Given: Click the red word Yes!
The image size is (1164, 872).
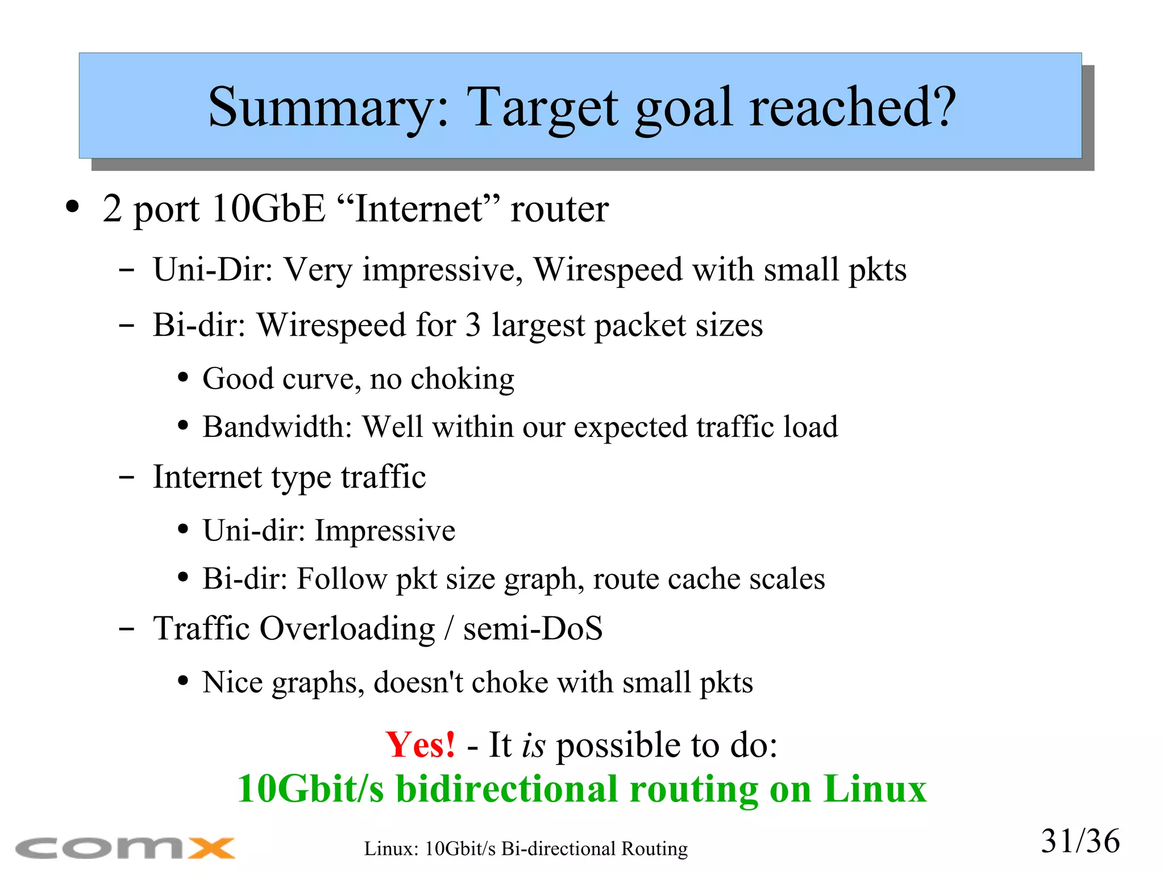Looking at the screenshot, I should pos(420,744).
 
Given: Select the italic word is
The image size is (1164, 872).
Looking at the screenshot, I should pos(533,745).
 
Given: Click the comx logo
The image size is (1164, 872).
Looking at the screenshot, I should pos(125,848).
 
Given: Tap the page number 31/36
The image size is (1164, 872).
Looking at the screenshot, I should pos(1080,841).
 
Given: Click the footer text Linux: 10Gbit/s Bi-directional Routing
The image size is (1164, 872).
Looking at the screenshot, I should pos(526,849).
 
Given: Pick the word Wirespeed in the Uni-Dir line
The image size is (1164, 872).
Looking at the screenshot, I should pos(608,269).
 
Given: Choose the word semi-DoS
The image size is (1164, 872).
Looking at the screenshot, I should pos(533,628).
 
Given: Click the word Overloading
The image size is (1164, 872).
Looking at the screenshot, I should pos(347,628).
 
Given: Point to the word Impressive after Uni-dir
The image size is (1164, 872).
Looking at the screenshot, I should pos(385,531).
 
